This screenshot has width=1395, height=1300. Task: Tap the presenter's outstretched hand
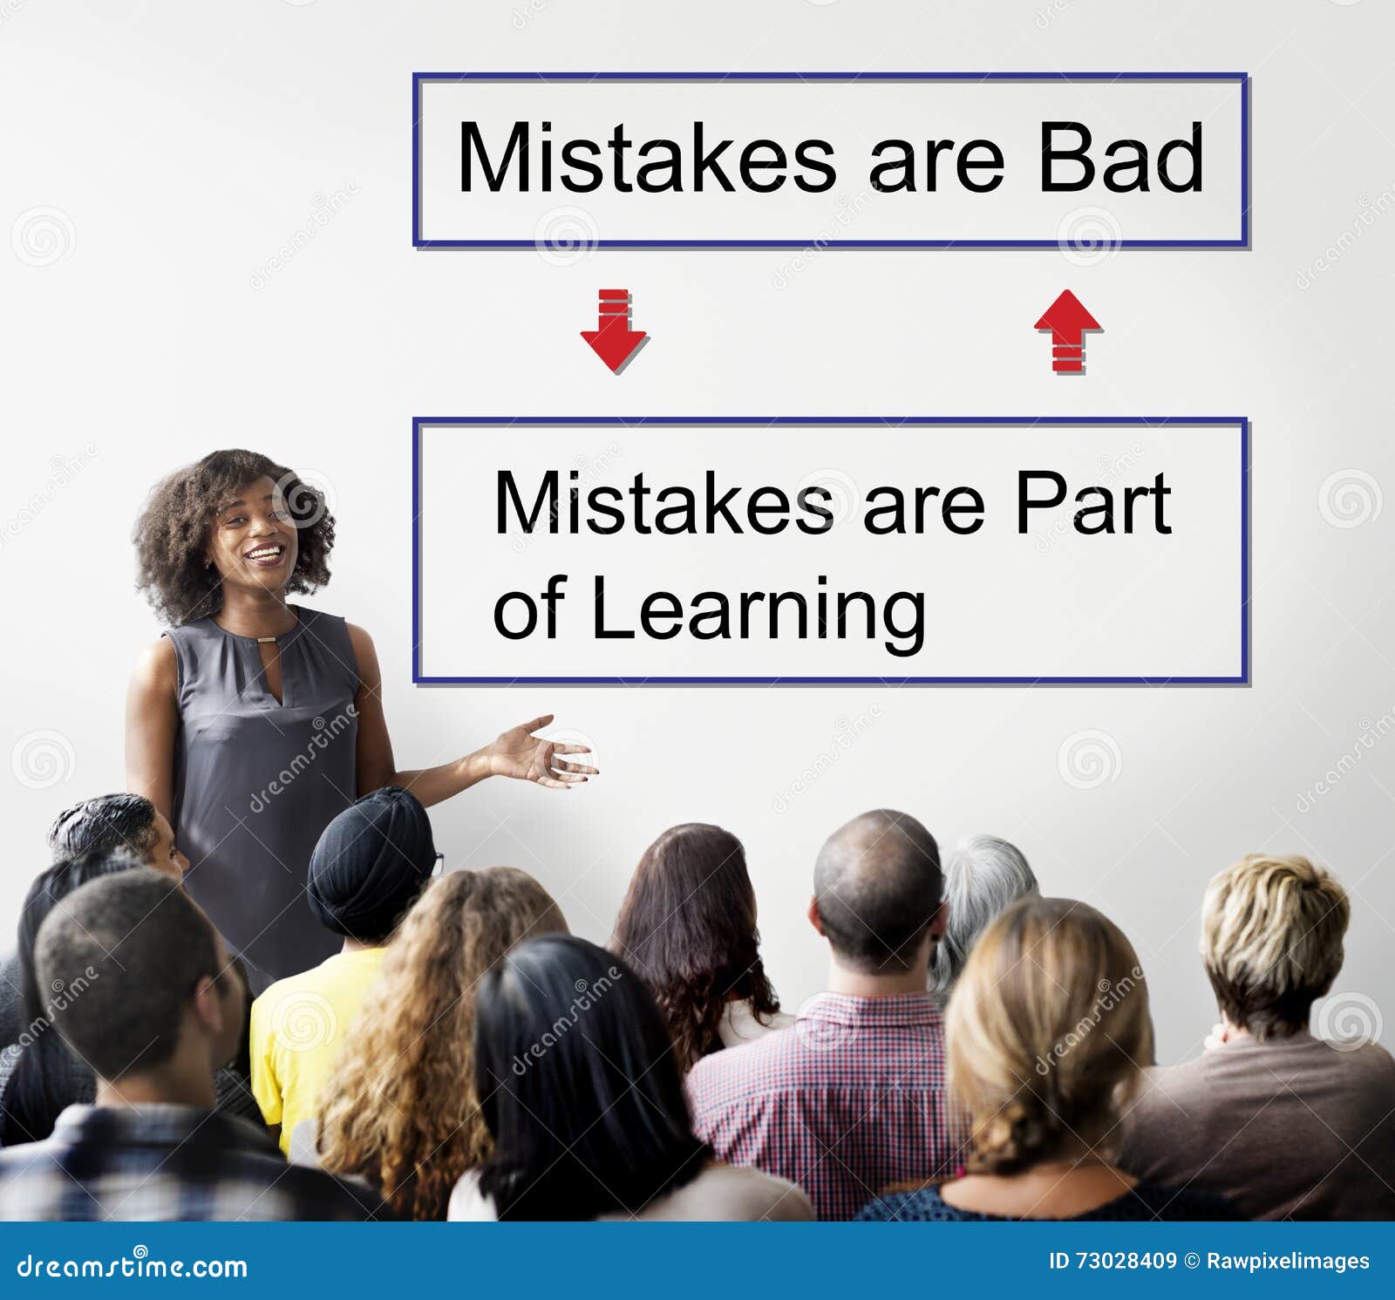tap(541, 752)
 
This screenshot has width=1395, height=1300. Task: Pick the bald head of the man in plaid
tap(876, 872)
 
